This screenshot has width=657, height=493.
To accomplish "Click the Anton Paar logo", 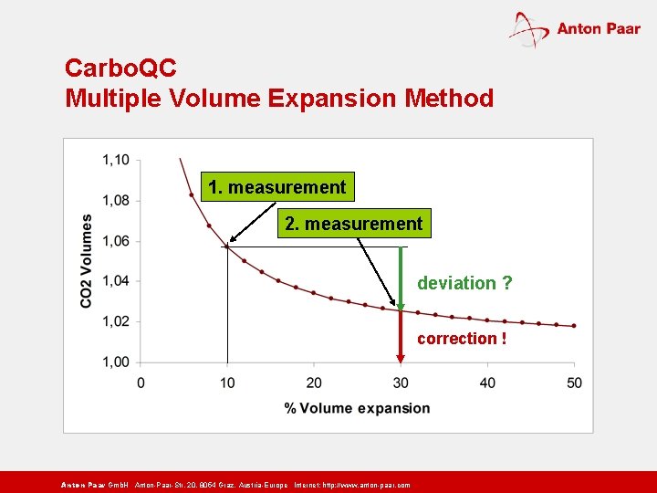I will pyautogui.click(x=574, y=29).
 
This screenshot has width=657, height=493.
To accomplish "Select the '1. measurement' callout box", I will pyautogui.click(x=276, y=187).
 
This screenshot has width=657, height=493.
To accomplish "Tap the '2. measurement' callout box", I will pyautogui.click(x=354, y=224).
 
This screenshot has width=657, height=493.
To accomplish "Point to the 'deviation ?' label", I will pyautogui.click(x=464, y=283).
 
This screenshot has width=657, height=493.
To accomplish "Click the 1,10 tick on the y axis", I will pyautogui.click(x=116, y=160).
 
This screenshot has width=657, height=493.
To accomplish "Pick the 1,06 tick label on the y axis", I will pyautogui.click(x=116, y=241).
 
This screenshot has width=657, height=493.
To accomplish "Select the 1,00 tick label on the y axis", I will pyautogui.click(x=116, y=362).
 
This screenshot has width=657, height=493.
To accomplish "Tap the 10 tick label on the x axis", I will pyautogui.click(x=226, y=382).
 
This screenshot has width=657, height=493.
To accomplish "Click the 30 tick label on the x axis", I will pyautogui.click(x=401, y=382).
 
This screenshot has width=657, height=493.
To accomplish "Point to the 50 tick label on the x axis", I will pyautogui.click(x=574, y=382).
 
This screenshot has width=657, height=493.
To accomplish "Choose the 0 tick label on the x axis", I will pyautogui.click(x=141, y=382).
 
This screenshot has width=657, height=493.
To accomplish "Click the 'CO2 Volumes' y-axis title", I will pyautogui.click(x=86, y=261).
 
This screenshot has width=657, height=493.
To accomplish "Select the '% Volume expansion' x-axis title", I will pyautogui.click(x=357, y=408).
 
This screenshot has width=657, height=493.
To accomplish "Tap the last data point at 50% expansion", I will pyautogui.click(x=574, y=326).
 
